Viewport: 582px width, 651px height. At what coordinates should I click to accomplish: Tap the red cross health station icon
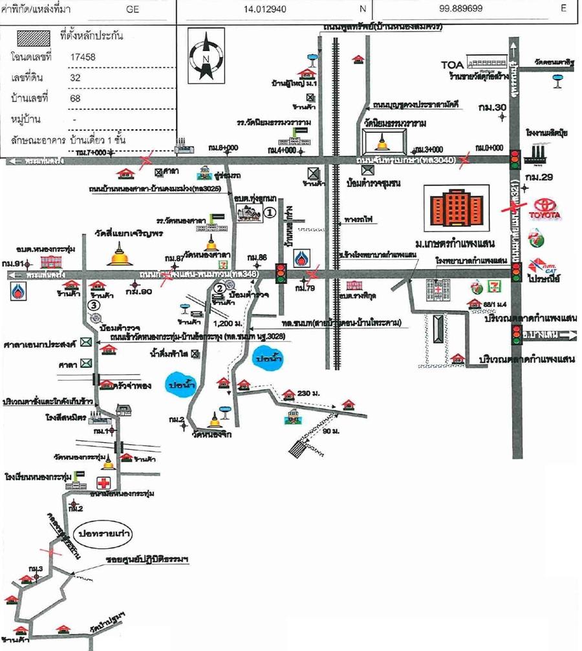click(x=103, y=482)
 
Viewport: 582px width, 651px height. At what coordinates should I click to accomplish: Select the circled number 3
click(x=95, y=304)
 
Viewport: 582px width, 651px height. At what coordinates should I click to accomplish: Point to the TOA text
click(x=453, y=65)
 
